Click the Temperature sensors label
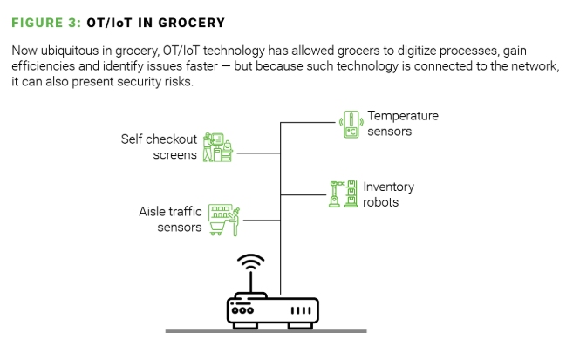[x=401, y=123]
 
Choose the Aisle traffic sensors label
[x=170, y=219]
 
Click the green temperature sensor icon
[x=351, y=124]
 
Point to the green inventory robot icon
[x=343, y=194]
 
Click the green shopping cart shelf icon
[x=224, y=220]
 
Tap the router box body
[x=272, y=309]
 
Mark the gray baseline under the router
[x=266, y=331]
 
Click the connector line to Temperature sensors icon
[x=308, y=123]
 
